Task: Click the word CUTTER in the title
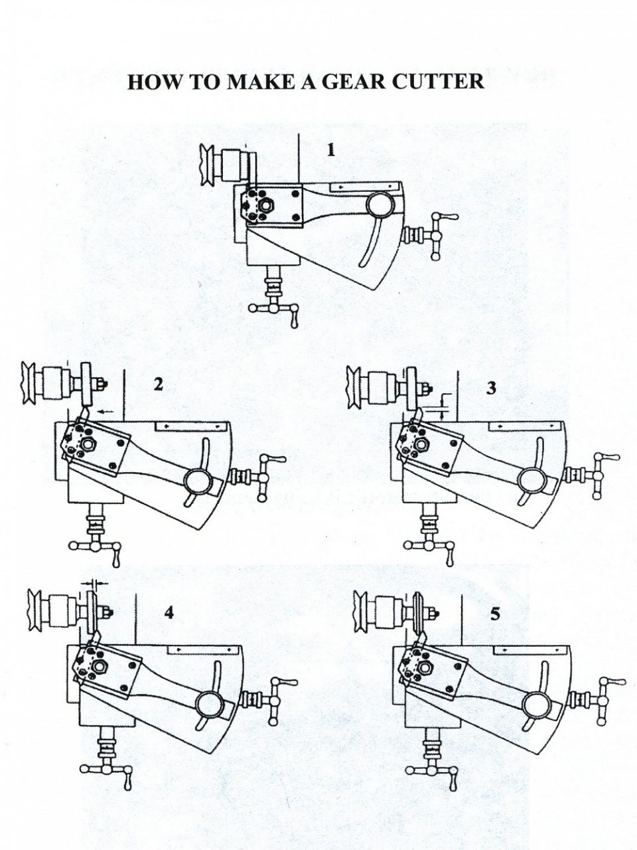tap(438, 81)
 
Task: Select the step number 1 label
tap(330, 150)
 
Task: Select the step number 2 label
tap(158, 384)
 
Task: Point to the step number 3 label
tap(491, 388)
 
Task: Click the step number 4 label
tap(169, 613)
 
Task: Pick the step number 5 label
tap(495, 614)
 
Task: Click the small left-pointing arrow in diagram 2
tap(105, 412)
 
